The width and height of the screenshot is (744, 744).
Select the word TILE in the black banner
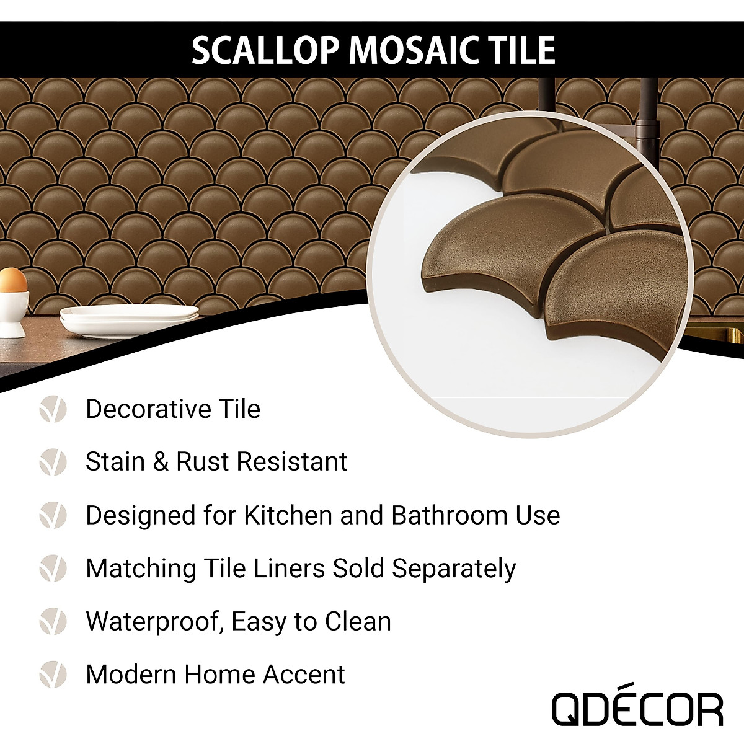523,50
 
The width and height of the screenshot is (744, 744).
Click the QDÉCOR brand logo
637,709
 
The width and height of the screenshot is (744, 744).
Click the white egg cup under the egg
12,313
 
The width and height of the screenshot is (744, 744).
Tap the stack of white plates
129,320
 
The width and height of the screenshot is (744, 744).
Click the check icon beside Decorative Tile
53,409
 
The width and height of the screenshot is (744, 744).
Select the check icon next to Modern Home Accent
53,675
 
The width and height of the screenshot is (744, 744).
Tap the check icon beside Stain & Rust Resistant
53,462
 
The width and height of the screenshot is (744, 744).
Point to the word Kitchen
288,515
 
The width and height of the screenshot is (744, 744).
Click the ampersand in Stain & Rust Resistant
161,463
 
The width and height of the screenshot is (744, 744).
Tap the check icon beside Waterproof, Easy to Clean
53,621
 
